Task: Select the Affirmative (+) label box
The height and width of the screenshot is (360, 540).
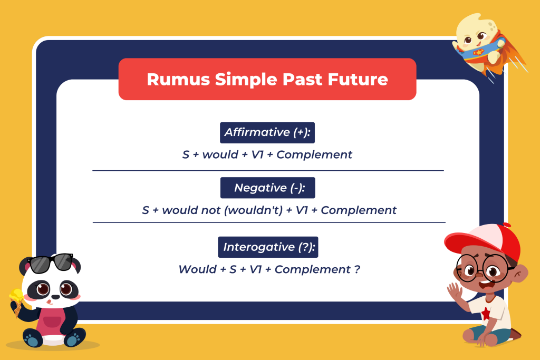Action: pyautogui.click(x=267, y=132)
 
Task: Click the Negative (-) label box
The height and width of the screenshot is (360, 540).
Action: pyautogui.click(x=267, y=188)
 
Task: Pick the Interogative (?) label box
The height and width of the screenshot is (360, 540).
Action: pyautogui.click(x=268, y=247)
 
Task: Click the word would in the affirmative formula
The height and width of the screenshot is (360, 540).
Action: pyautogui.click(x=220, y=155)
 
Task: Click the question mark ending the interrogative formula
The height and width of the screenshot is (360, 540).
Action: pyautogui.click(x=357, y=269)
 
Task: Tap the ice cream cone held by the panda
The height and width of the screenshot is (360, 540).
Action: pyautogui.click(x=17, y=303)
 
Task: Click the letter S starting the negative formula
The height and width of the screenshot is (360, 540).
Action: pyautogui.click(x=146, y=210)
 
